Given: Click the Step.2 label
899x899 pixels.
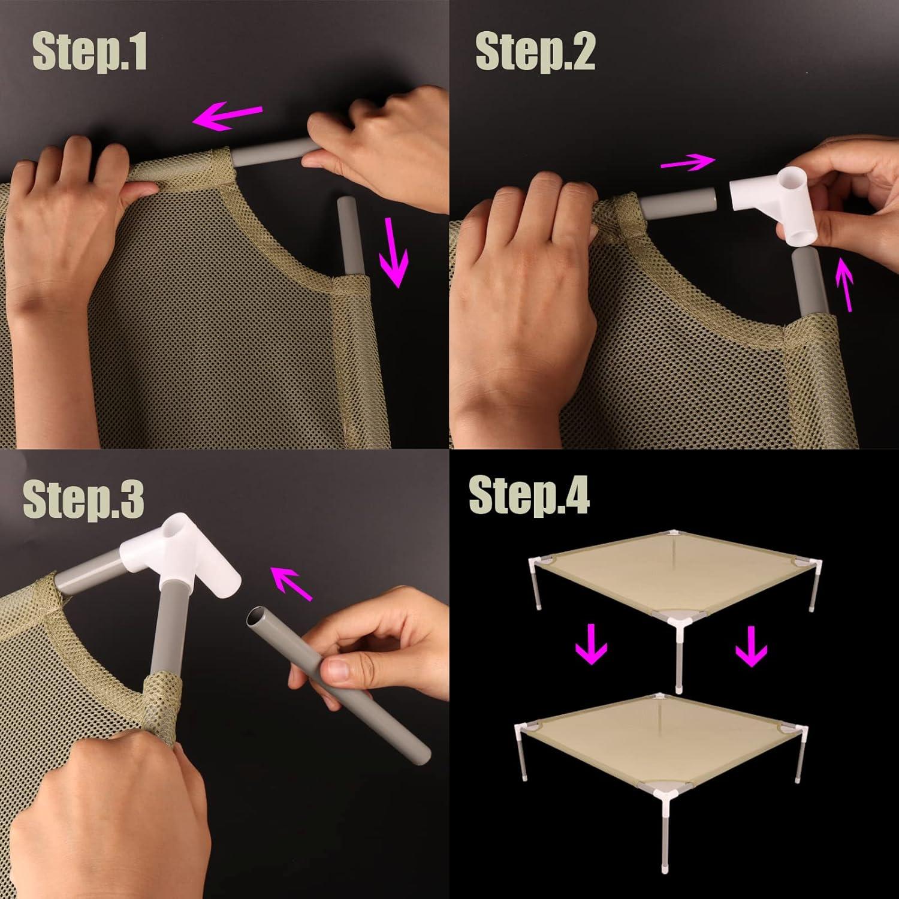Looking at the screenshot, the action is [535, 52].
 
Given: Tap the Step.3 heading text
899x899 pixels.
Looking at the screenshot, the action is [83, 501].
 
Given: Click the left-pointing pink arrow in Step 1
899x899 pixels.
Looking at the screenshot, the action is [228, 114].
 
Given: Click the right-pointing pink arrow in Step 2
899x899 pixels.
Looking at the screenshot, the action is [688, 161].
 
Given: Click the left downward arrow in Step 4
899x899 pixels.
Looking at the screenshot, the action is [591, 644].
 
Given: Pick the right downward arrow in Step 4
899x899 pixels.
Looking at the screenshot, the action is [751, 647].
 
